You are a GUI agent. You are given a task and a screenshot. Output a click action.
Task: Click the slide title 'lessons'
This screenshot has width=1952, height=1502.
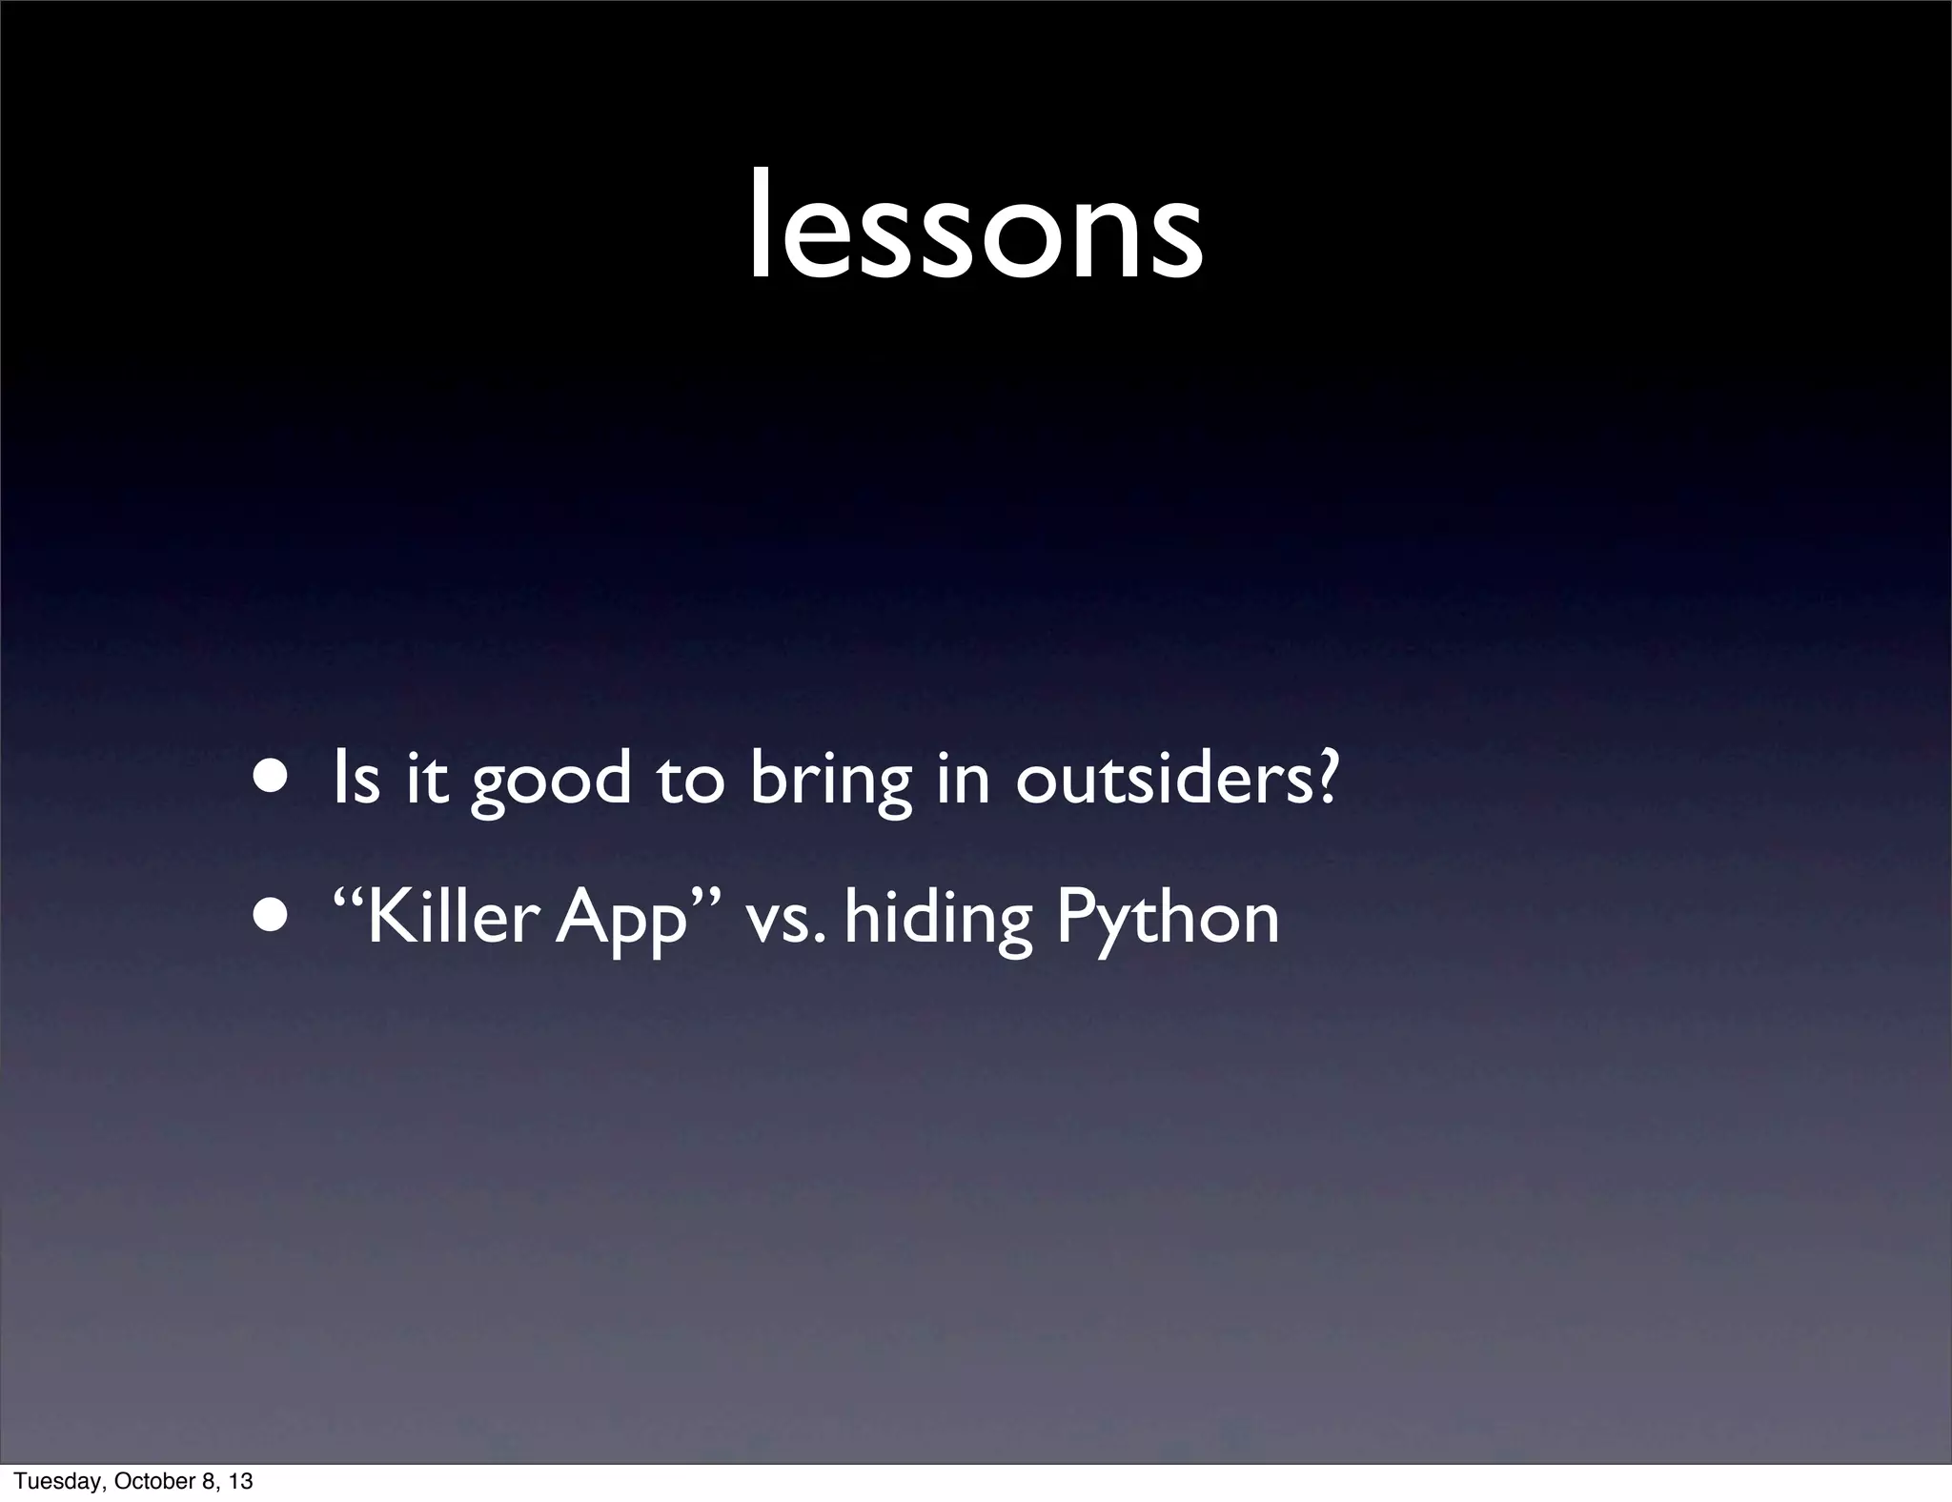point(975,229)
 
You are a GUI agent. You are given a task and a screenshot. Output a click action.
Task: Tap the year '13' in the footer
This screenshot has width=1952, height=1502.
point(241,1480)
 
